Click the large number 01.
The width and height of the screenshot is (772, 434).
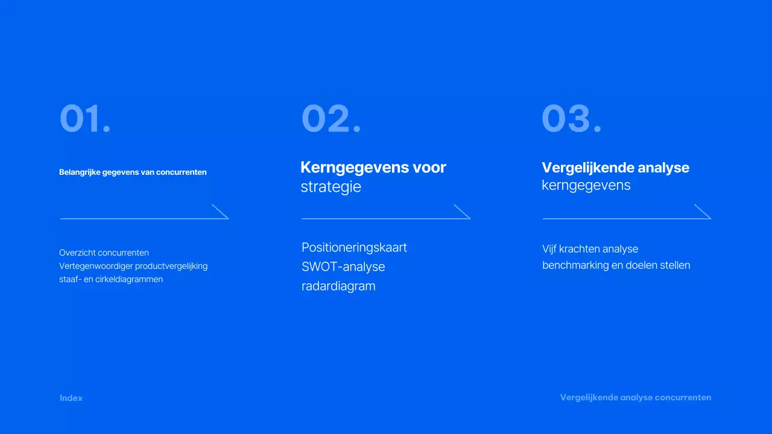85,119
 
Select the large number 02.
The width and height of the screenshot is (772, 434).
331,119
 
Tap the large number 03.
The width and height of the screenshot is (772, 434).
571,119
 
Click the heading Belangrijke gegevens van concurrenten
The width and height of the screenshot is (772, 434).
133,172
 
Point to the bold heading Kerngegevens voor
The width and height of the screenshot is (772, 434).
373,168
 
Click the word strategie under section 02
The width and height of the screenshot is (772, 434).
331,187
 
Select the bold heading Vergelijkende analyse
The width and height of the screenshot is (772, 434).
615,168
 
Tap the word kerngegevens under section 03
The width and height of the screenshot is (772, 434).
586,186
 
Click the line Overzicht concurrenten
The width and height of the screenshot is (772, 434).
104,253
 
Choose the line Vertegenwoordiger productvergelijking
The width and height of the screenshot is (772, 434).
133,266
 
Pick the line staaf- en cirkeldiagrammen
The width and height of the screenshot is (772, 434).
111,280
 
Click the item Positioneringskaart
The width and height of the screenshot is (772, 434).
354,248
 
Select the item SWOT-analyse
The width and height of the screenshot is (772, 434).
343,267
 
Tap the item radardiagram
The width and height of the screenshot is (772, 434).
338,286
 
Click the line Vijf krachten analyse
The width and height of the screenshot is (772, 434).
590,249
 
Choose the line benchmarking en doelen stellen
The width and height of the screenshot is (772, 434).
616,265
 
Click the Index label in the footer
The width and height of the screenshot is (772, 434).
71,398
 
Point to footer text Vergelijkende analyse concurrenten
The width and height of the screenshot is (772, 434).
635,398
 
